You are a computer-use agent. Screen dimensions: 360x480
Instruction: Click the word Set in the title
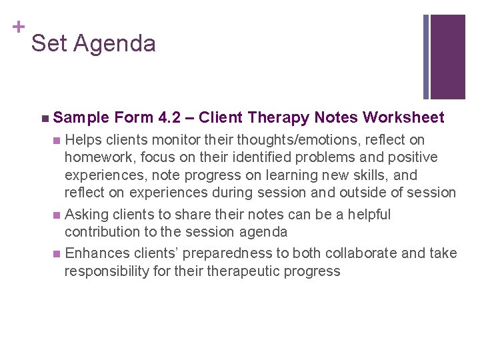pyautogui.click(x=48, y=44)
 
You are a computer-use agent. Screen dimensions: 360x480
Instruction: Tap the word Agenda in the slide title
pyautogui.click(x=114, y=44)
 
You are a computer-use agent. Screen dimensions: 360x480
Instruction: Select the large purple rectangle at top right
pyautogui.click(x=447, y=56)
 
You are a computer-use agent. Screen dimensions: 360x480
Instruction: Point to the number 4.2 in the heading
pyautogui.click(x=173, y=118)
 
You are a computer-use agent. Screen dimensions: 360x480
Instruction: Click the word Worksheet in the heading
pyautogui.click(x=403, y=118)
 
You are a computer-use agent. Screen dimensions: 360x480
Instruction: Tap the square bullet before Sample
pyautogui.click(x=44, y=119)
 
